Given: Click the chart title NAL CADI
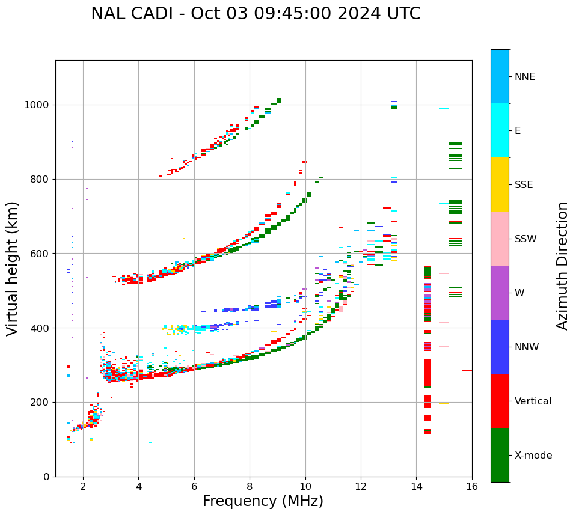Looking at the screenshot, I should pos(256,14).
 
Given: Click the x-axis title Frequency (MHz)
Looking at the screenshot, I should pos(263,501).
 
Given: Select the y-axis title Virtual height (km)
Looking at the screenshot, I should pos(13,268).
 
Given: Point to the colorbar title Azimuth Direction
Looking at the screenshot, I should pos(562,266).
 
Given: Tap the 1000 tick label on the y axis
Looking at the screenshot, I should pos(37,105).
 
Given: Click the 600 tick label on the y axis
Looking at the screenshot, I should pos(40,253).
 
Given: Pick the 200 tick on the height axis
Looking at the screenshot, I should pos(40,402).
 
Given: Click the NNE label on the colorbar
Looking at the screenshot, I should pos(524,77).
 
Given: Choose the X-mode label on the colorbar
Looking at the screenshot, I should pos(533,456).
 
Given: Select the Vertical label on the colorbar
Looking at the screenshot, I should pos(533,401).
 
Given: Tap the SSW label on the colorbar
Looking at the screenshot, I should pos(525,239).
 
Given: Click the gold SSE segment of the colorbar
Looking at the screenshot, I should pos(500,184).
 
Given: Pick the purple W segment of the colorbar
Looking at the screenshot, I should pos(500,293).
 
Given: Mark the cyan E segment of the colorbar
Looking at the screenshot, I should pos(500,130).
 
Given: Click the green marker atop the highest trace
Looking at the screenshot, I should pos(279,100).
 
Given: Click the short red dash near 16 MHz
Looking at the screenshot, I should pos(467,370).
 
